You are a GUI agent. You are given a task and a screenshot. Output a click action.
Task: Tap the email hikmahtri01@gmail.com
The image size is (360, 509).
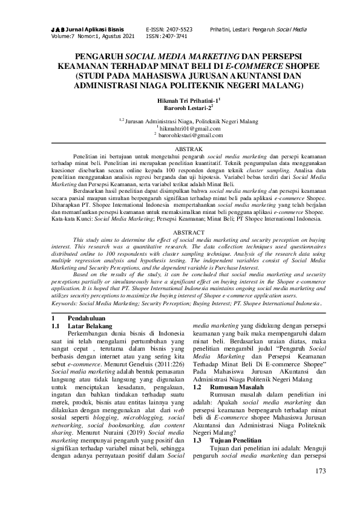tap(188, 129)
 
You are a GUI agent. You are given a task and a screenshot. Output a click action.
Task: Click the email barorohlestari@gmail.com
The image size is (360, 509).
tap(189, 135)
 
